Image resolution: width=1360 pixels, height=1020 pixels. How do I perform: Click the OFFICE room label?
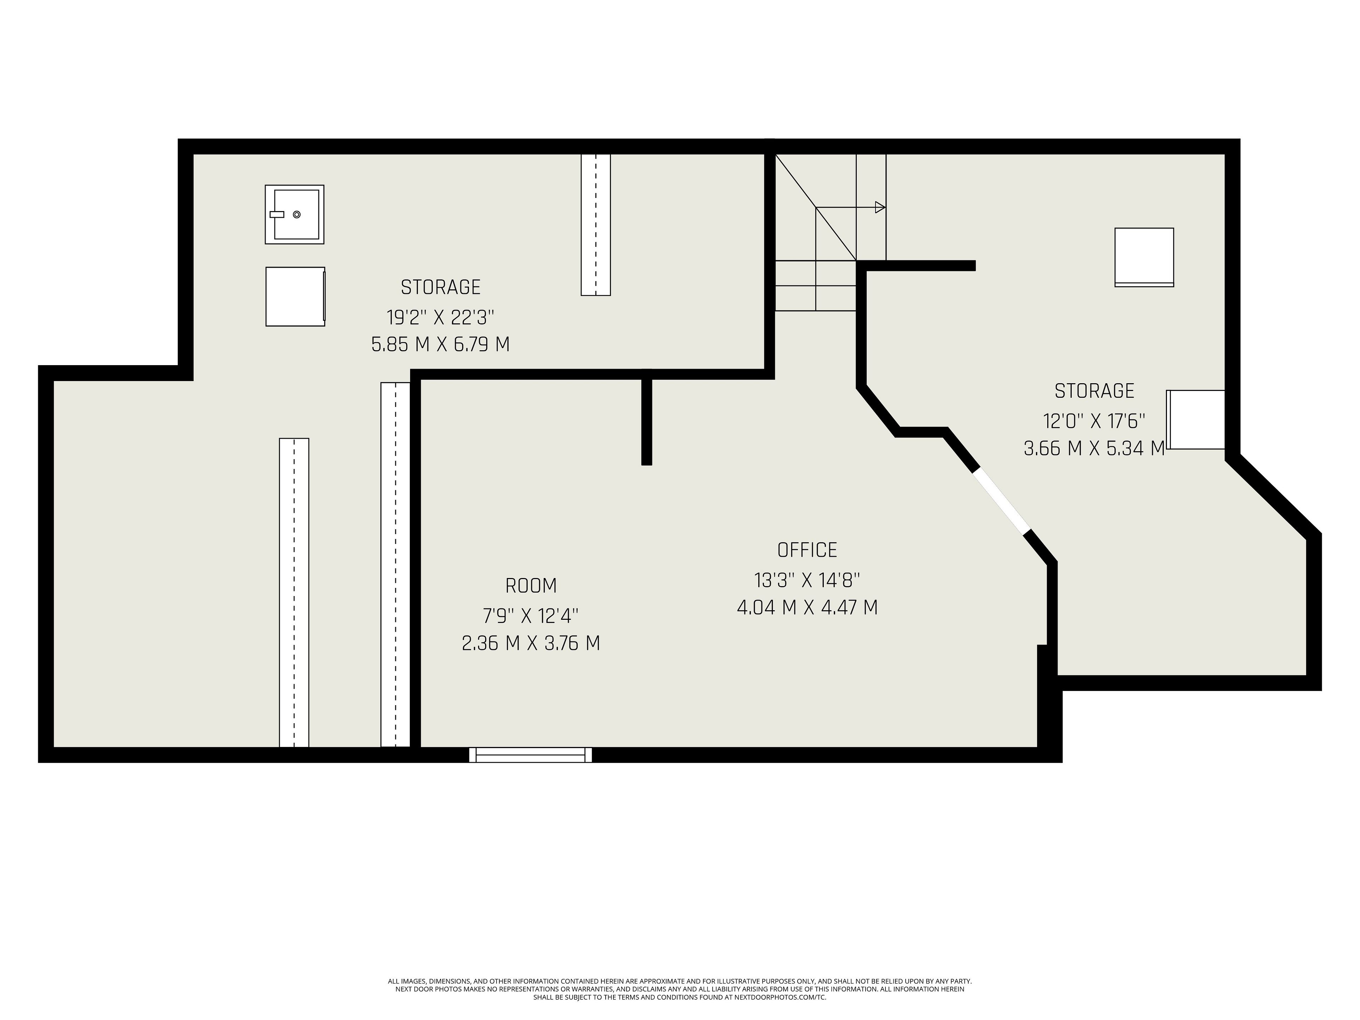click(x=807, y=550)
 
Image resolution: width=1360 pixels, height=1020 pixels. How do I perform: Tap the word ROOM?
click(x=531, y=586)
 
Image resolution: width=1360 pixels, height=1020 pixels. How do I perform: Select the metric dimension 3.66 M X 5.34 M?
click(x=1094, y=448)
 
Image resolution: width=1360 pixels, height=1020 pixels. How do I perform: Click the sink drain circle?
click(x=297, y=215)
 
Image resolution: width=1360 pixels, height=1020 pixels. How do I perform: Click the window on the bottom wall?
click(x=531, y=755)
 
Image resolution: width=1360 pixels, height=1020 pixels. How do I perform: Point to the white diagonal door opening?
click(x=1001, y=501)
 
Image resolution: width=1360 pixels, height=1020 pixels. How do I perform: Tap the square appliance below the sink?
click(x=295, y=296)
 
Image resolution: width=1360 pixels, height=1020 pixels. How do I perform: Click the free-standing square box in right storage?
click(x=1144, y=257)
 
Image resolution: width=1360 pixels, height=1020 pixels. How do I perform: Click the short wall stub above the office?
click(x=647, y=418)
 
